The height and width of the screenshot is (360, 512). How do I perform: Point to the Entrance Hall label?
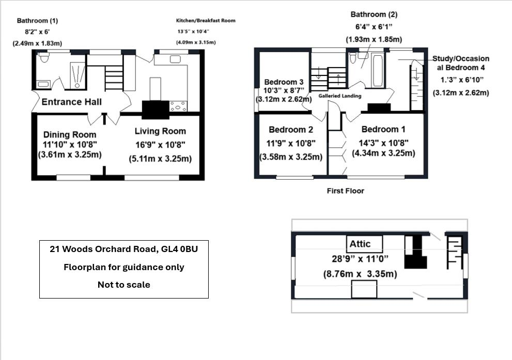click(71, 102)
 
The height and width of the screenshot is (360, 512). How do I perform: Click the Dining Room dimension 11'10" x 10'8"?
click(70, 145)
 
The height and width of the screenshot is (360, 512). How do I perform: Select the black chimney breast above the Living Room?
click(156, 109)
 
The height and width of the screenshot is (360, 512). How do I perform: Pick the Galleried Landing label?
click(340, 96)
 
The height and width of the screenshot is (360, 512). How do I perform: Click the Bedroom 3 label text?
click(283, 82)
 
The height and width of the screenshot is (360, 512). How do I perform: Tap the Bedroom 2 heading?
click(291, 130)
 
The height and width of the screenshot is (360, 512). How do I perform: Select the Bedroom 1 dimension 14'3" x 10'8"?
click(383, 143)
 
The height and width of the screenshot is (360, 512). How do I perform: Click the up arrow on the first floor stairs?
click(338, 79)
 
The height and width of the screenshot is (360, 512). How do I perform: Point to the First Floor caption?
click(345, 191)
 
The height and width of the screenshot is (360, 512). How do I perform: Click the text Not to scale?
click(123, 285)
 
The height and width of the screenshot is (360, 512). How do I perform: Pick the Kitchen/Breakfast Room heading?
click(206, 21)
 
